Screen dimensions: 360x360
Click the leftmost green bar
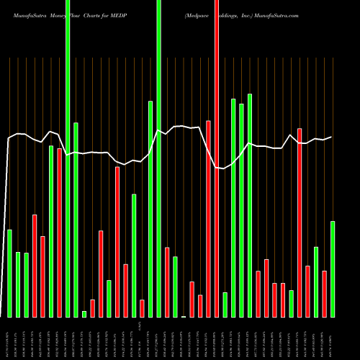[x=9, y=273]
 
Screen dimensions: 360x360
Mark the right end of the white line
[x=331, y=137]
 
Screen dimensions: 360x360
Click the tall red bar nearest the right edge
[x=300, y=222]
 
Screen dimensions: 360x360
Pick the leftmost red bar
[x=34, y=266]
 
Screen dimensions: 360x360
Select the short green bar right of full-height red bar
[x=225, y=305]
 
